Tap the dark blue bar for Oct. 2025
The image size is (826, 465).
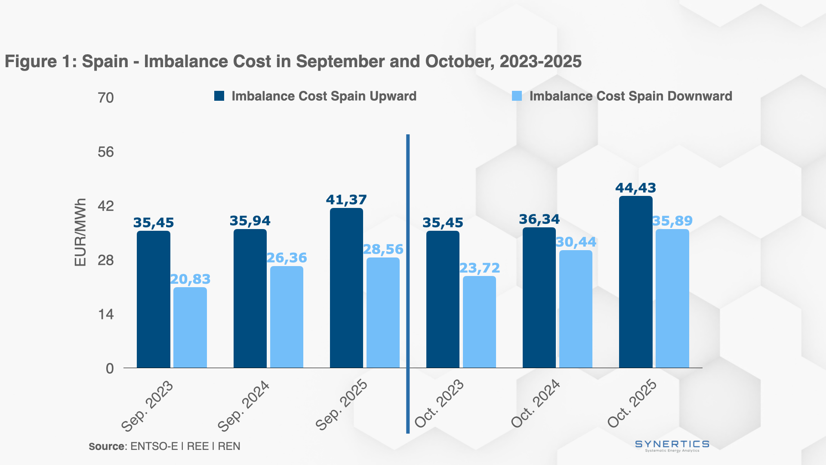point(635,282)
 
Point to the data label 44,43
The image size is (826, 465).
point(635,188)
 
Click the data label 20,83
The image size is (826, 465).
point(190,279)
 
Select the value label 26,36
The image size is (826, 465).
point(287,257)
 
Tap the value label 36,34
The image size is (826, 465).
point(539,219)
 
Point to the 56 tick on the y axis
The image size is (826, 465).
point(105,152)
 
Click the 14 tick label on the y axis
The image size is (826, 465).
point(105,314)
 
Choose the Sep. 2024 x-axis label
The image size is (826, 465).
point(243,406)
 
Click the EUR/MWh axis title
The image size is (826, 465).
point(80,232)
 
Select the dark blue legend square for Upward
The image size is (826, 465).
point(219,96)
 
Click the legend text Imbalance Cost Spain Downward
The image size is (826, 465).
point(630,96)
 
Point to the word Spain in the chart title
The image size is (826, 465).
point(105,61)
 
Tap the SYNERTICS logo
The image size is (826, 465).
point(672,445)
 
